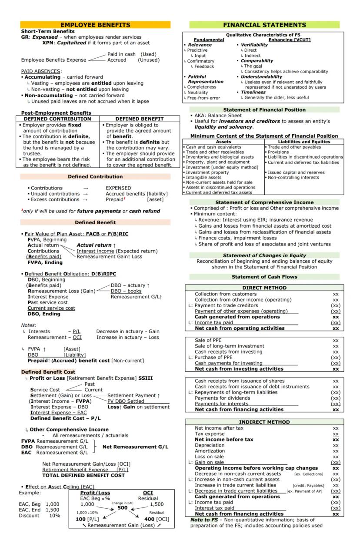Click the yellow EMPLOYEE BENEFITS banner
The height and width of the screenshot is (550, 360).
pos(95,25)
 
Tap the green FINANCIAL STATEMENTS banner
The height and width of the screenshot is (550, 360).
pos(264,25)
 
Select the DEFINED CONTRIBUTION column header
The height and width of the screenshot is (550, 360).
pos(57,119)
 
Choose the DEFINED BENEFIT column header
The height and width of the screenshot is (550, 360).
pos(139,119)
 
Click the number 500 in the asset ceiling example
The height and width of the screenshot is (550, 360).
pos(122,507)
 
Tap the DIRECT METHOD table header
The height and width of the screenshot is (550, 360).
pos(264,288)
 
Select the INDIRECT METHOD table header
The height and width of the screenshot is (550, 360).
pos(264,422)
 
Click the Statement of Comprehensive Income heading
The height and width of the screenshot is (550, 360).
pos(264,202)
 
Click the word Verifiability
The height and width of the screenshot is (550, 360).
pos(254,45)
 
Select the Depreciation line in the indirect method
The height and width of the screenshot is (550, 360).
pos(210,445)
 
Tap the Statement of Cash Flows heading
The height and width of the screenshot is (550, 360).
pos(264,277)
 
